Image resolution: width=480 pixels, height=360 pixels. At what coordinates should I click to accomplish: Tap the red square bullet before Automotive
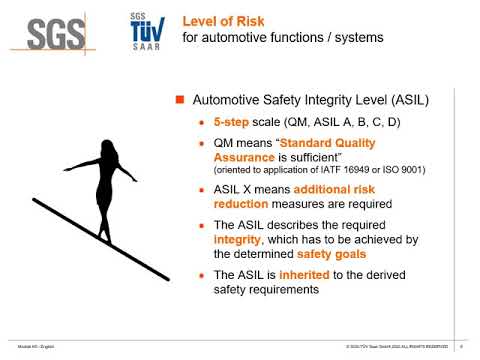(181, 101)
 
